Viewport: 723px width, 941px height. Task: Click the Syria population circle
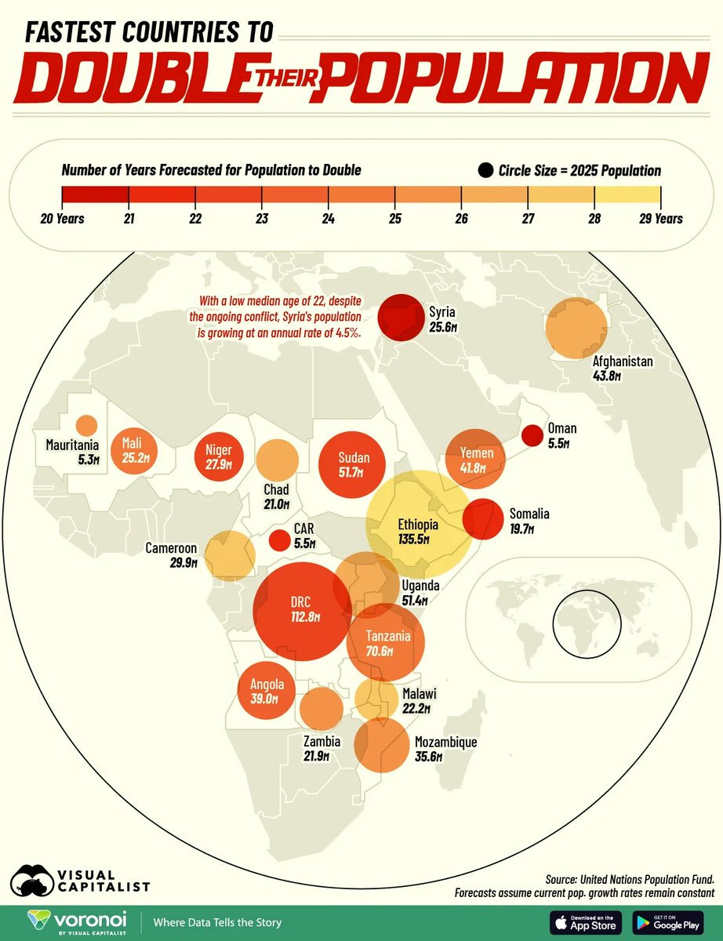pos(401,318)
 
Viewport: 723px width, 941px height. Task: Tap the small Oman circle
pos(532,435)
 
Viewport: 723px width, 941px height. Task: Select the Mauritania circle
pos(86,425)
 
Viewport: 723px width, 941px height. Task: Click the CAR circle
pos(280,540)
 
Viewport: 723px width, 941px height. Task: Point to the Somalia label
pos(529,514)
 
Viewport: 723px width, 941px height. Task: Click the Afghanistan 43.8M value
pos(607,376)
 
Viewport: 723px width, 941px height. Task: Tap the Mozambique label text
pos(446,742)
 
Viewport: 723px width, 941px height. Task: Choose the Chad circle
pos(278,460)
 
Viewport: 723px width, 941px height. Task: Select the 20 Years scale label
pos(63,218)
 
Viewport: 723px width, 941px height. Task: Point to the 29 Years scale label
pos(660,218)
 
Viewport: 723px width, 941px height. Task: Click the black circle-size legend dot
pos(485,170)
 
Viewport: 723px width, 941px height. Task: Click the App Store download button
pos(585,923)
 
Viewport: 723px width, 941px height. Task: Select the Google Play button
pos(668,923)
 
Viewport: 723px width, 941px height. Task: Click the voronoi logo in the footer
pos(77,922)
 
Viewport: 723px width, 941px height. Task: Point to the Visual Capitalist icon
pos(31,881)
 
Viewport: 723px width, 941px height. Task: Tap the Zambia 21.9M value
pos(316,757)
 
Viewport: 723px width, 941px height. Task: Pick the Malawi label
pos(419,694)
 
